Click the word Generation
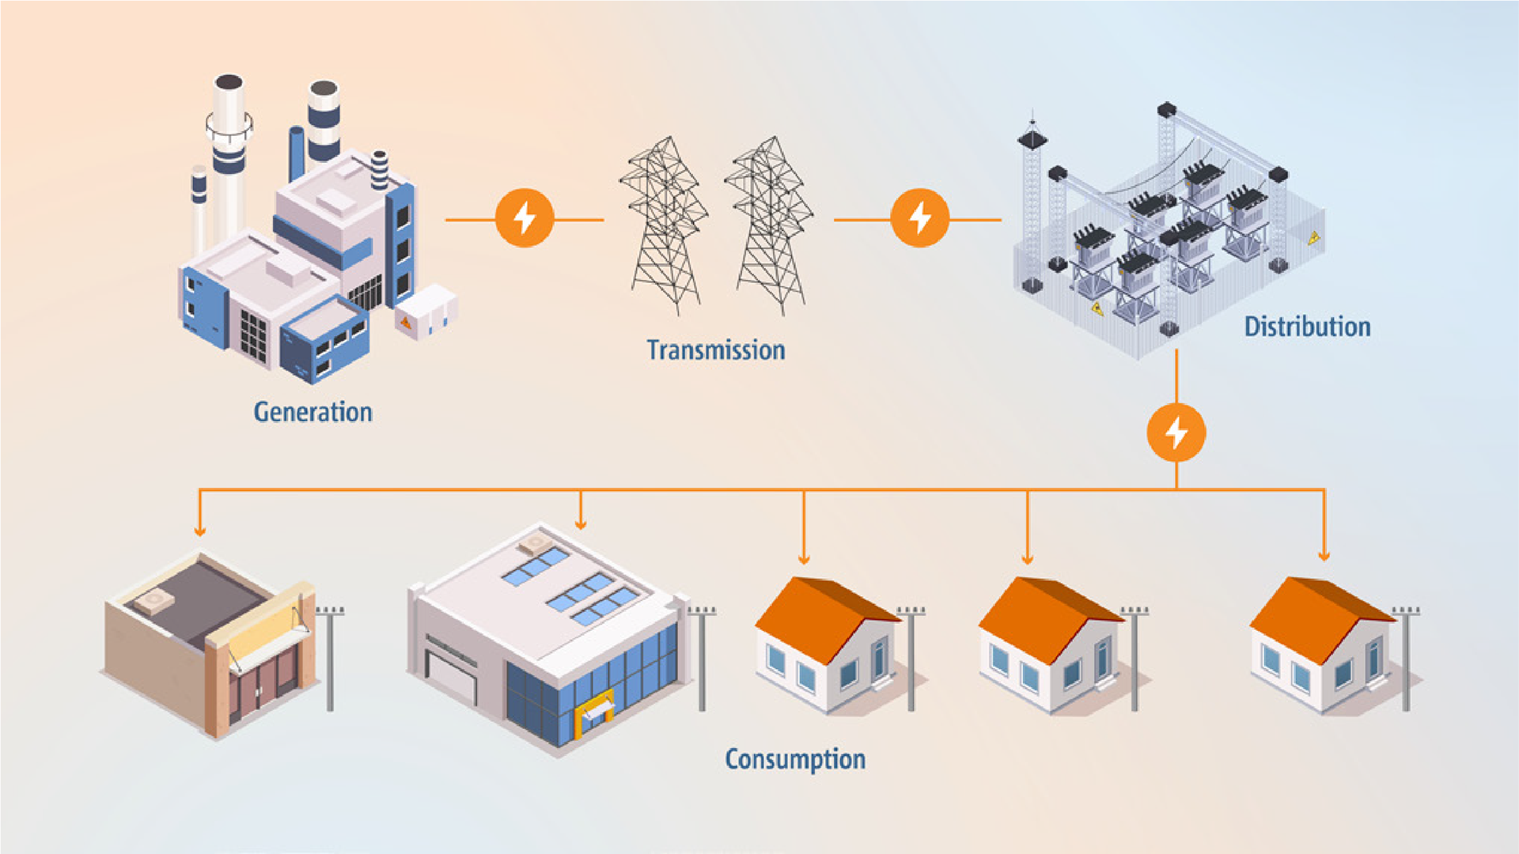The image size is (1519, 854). pyautogui.click(x=313, y=412)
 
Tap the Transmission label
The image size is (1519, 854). pyautogui.click(x=716, y=350)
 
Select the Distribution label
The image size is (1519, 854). pyautogui.click(x=1307, y=327)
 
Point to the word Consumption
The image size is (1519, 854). pyautogui.click(x=795, y=759)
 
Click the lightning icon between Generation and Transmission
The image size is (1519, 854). pyautogui.click(x=525, y=218)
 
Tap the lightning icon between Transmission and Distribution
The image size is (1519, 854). pyautogui.click(x=919, y=218)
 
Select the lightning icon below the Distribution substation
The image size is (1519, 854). pyautogui.click(x=1176, y=433)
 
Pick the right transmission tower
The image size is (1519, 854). pyautogui.click(x=770, y=225)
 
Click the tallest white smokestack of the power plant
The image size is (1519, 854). pyautogui.click(x=229, y=150)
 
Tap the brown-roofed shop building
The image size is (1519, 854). pyautogui.click(x=210, y=640)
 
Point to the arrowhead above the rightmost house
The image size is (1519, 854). pyautogui.click(x=1324, y=555)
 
